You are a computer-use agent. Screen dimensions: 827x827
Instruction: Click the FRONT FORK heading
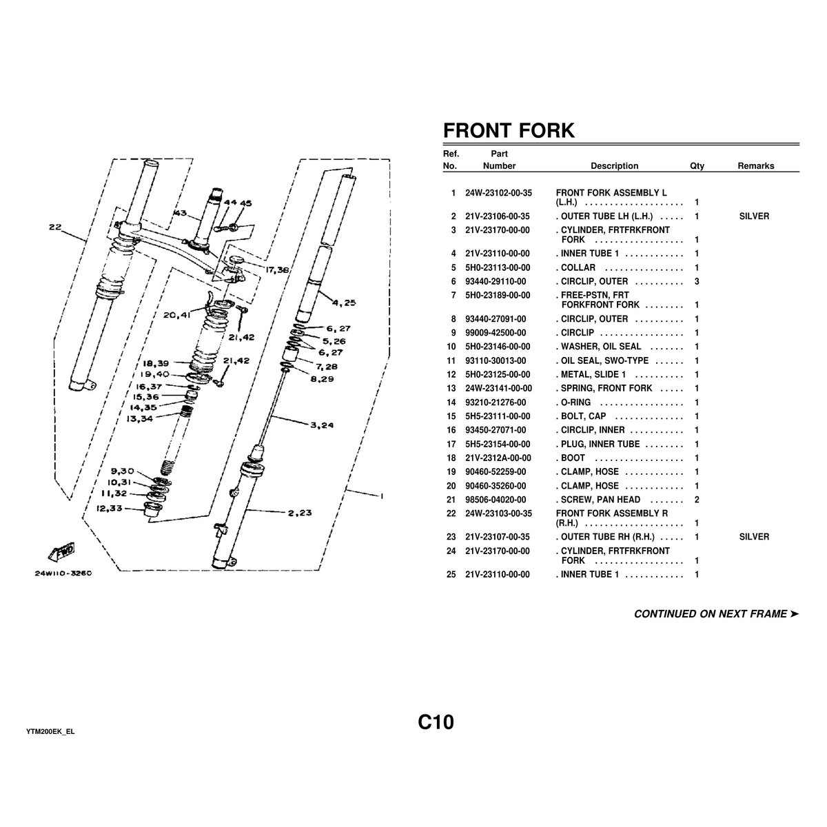tap(508, 130)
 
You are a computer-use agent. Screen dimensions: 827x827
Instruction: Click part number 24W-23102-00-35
tap(498, 193)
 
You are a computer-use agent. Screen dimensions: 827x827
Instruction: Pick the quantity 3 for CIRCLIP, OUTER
tap(697, 281)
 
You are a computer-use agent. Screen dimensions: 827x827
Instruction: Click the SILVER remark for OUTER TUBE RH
tap(754, 537)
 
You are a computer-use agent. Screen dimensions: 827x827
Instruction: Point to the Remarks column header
tap(755, 166)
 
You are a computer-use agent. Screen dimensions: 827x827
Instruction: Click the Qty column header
tap(697, 166)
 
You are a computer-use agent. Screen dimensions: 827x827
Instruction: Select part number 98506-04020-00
tap(496, 500)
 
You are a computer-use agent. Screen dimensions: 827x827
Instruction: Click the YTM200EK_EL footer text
tap(50, 731)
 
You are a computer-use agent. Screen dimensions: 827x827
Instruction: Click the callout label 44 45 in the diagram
tap(238, 203)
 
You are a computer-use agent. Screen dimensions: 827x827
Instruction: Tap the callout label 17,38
tap(276, 270)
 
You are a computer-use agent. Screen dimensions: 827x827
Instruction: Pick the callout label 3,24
tap(322, 425)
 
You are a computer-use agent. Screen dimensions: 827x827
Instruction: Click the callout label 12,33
tap(110, 509)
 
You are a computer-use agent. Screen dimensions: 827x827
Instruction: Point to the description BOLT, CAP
tap(583, 416)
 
